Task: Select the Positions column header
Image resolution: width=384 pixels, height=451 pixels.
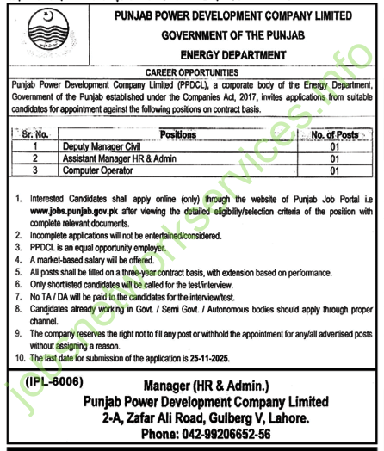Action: coord(178,135)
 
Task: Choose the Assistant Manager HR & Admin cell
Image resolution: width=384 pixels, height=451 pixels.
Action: coord(120,158)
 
